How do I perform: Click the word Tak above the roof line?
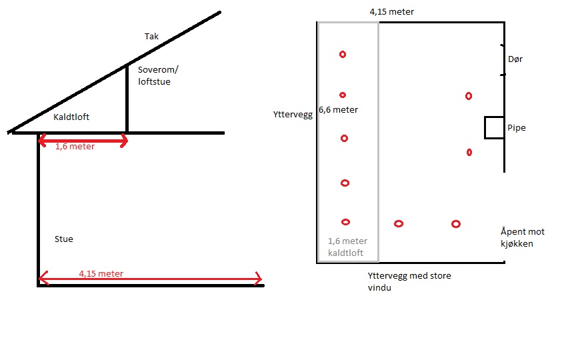click(x=152, y=37)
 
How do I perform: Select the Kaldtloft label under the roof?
click(x=71, y=117)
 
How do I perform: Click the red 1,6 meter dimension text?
click(x=75, y=147)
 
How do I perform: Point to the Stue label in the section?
click(x=63, y=239)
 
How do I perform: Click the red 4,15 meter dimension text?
click(x=101, y=274)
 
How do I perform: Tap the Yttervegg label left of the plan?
click(x=293, y=114)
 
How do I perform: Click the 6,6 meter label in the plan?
click(x=338, y=110)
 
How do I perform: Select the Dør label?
click(x=515, y=59)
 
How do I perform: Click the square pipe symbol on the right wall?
click(x=494, y=127)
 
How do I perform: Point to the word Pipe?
click(x=516, y=127)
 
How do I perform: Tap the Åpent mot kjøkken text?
click(x=522, y=238)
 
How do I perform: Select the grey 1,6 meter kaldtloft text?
click(x=347, y=247)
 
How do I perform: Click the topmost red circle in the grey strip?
click(x=343, y=55)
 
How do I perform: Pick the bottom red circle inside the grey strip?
click(x=345, y=222)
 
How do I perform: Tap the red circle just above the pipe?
click(x=469, y=96)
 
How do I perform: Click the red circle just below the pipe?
click(x=469, y=153)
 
